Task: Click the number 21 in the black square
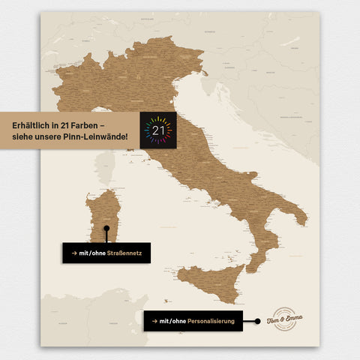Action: pyautogui.click(x=158, y=130)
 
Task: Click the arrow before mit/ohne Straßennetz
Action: pyautogui.click(x=73, y=253)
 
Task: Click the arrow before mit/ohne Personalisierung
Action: pyautogui.click(x=154, y=321)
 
